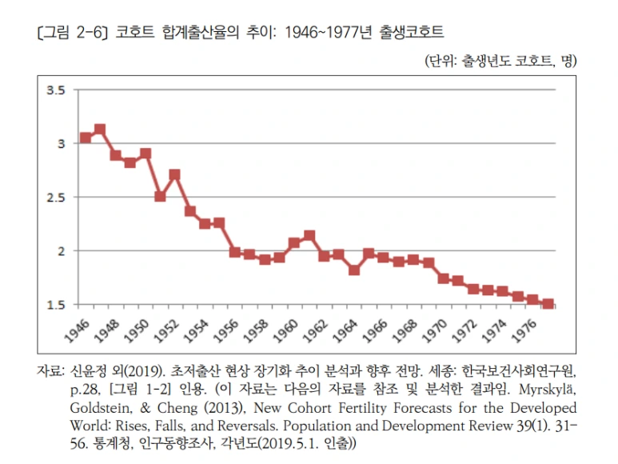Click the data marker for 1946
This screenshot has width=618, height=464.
point(86,138)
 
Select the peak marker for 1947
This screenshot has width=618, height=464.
point(100,129)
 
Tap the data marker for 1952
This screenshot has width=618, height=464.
point(174,174)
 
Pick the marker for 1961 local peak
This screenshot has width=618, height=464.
point(309,235)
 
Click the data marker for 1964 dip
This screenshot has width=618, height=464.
point(353,270)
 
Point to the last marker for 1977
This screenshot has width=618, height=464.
point(548,304)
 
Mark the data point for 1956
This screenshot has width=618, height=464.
point(235,252)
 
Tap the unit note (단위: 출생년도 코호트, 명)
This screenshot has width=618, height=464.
point(500,61)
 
